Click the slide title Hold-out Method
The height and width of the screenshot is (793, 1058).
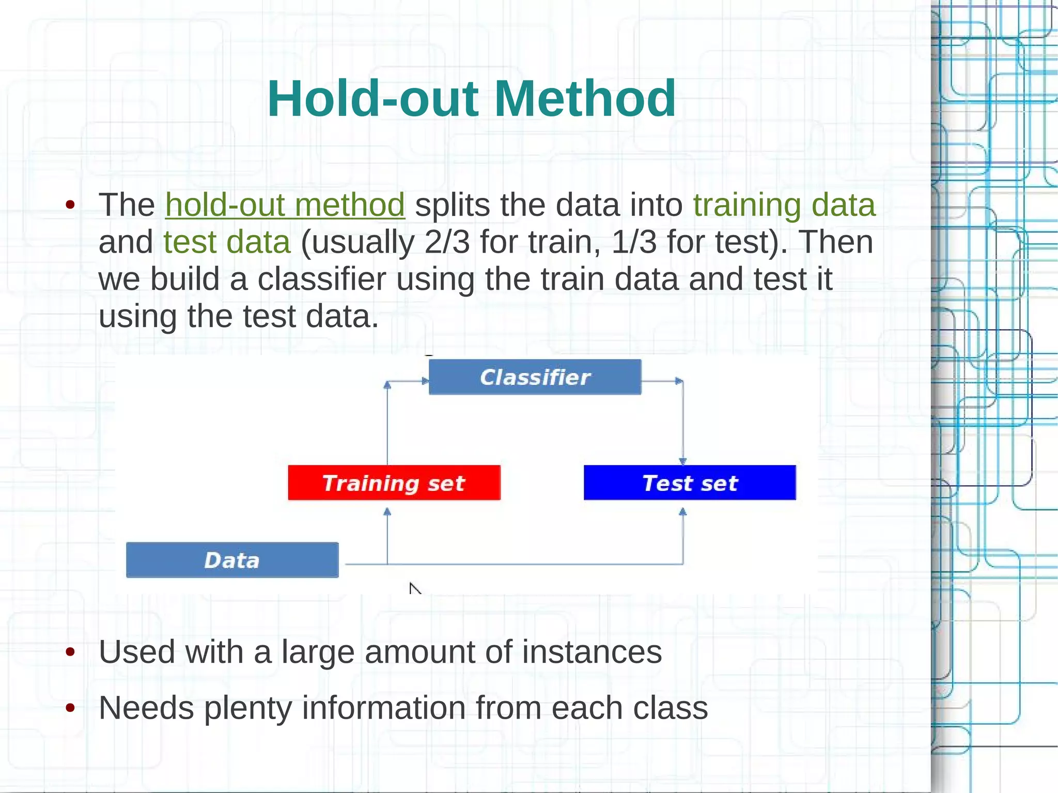pos(471,99)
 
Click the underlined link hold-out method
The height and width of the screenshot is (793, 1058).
pos(285,205)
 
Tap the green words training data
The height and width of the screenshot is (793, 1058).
pos(784,205)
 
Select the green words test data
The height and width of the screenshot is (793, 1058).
pos(227,242)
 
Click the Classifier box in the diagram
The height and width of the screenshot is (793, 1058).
pos(535,377)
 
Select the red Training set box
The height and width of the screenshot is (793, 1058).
pos(394,483)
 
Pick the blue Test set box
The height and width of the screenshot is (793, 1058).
pos(689,483)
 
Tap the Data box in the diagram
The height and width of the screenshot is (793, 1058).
pos(232,560)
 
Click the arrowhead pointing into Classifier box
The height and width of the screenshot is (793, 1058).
pos(425,381)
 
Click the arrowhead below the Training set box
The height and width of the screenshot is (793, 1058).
pos(387,512)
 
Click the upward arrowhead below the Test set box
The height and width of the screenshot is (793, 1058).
pos(682,512)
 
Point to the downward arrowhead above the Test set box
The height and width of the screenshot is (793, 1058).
pos(682,461)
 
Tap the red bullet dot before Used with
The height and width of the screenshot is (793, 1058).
pos(71,652)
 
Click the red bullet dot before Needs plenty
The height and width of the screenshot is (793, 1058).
pos(71,708)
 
